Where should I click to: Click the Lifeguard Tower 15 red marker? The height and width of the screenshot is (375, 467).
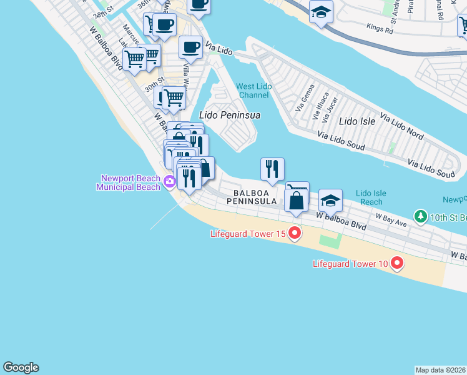(294, 234)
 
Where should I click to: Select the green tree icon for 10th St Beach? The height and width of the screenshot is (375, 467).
(421, 217)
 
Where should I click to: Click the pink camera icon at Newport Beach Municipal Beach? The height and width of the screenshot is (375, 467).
(170, 182)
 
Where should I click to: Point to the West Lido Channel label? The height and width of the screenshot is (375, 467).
(253, 91)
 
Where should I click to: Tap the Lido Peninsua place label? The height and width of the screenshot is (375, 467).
(229, 115)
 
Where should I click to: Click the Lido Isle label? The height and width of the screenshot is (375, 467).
(358, 121)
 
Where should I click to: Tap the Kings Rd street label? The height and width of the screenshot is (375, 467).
(380, 29)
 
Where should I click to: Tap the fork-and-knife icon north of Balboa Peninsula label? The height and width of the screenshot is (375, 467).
(272, 169)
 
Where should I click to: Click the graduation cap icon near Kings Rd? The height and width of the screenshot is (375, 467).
(321, 11)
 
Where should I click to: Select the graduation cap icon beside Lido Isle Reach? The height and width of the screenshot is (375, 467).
(330, 201)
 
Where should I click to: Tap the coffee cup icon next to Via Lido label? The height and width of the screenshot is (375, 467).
(190, 47)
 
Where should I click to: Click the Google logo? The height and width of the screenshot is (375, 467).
(21, 367)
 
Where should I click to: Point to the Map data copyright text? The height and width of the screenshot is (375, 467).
(441, 370)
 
